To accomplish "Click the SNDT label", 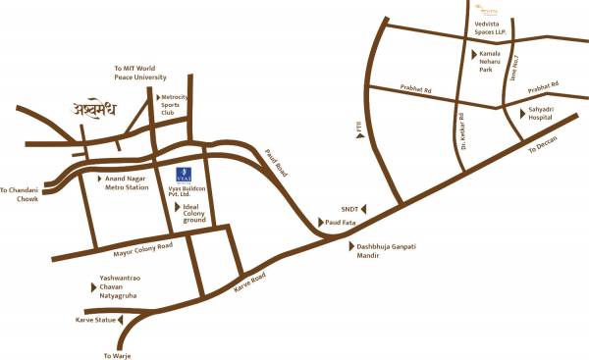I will click(349, 209).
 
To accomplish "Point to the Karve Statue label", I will click(94, 320).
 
